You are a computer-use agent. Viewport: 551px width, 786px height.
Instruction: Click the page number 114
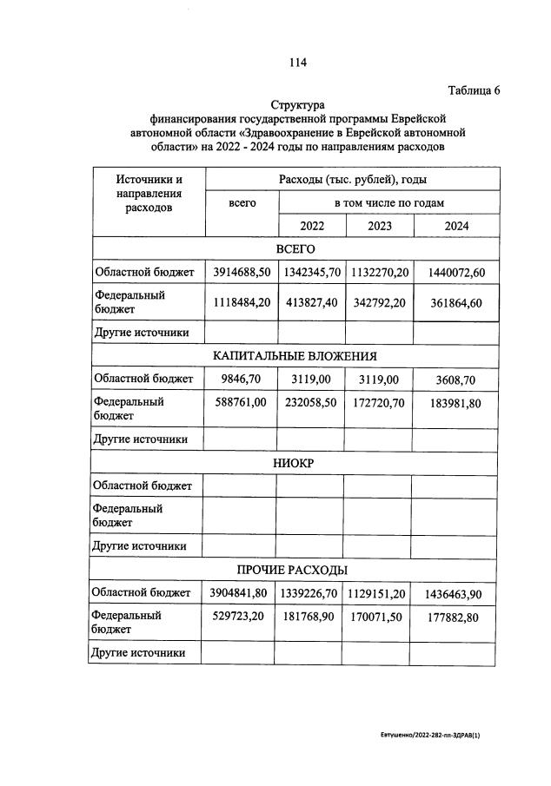coord(298,62)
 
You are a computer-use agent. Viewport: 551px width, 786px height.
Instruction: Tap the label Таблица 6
coord(474,90)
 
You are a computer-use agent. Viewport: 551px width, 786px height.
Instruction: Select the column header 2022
coord(312,226)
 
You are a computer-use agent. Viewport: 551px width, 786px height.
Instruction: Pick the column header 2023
coord(379,226)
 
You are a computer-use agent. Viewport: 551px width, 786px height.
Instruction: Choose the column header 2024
coord(456,226)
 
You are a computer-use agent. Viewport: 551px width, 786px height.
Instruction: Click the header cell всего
coord(242,202)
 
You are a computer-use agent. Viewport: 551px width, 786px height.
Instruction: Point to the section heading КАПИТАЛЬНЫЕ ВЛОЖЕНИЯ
coord(295,356)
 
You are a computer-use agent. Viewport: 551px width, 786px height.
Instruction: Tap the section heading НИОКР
coord(295,463)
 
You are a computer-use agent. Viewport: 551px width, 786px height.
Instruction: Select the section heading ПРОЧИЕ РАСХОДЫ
coord(295,570)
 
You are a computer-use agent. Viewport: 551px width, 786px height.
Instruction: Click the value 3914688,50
coord(242,272)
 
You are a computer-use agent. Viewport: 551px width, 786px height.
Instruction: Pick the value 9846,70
coord(242,379)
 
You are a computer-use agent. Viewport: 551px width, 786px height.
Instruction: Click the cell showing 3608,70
coord(456,379)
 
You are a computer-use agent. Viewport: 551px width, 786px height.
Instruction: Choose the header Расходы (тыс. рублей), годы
coord(352,179)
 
